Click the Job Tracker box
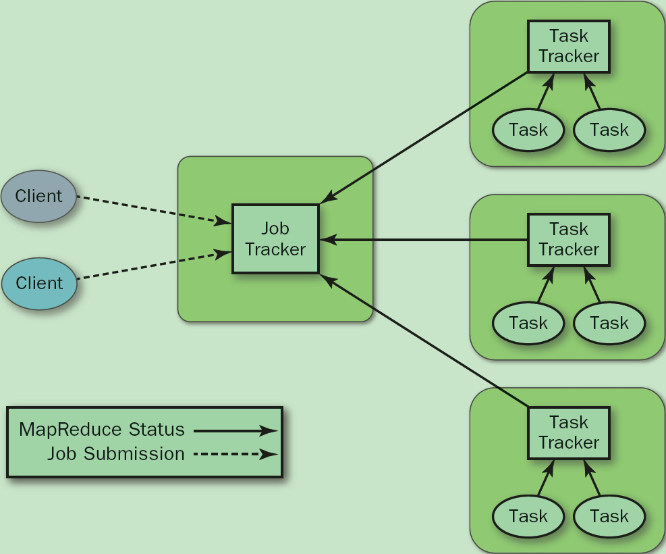[275, 239]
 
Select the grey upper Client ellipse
[39, 197]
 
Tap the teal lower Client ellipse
[39, 283]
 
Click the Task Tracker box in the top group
[569, 47]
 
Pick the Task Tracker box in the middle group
[569, 240]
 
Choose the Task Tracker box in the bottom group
[569, 433]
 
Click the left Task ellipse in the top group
[528, 130]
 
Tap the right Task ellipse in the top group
[609, 130]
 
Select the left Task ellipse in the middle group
[528, 323]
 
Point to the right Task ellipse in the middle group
[609, 323]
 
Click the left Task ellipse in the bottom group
[528, 517]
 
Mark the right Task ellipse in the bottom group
[609, 517]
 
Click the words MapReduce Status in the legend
[102, 430]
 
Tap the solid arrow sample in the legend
[235, 430]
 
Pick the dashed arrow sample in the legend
[235, 455]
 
